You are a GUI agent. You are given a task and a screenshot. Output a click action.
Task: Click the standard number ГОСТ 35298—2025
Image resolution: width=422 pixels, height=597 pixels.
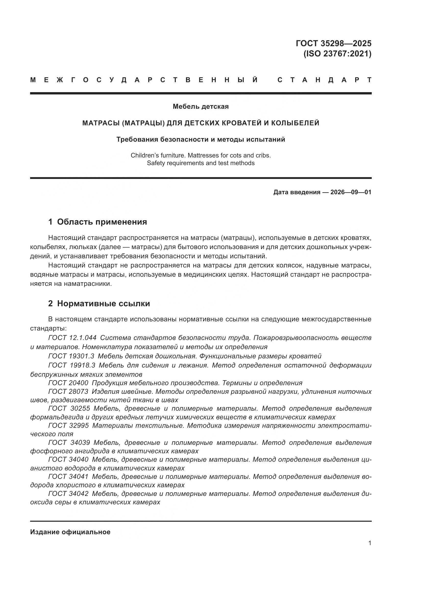pyautogui.click(x=333, y=43)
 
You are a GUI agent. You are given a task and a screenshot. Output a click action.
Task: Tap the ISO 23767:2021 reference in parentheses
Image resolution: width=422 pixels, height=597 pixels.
pyautogui.click(x=337, y=54)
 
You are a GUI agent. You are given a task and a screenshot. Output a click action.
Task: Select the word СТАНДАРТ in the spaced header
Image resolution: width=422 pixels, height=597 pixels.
pyautogui.click(x=325, y=80)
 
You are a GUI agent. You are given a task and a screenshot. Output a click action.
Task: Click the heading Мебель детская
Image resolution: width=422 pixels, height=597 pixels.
pyautogui.click(x=201, y=106)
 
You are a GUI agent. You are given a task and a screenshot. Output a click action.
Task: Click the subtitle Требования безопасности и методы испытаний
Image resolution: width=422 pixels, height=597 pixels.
pyautogui.click(x=201, y=139)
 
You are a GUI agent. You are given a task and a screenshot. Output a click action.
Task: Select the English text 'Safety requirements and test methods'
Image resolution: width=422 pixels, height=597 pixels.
pyautogui.click(x=201, y=163)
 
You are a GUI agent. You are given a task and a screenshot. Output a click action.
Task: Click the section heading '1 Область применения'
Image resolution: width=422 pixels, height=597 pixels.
pyautogui.click(x=97, y=222)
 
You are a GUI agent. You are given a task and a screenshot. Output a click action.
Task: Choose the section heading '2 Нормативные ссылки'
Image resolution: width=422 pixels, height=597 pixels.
pyautogui.click(x=99, y=303)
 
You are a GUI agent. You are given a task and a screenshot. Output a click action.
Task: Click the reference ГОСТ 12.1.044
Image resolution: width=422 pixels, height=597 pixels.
pyautogui.click(x=72, y=338)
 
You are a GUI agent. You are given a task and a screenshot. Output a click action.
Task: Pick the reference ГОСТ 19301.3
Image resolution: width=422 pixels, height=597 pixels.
pyautogui.click(x=71, y=356)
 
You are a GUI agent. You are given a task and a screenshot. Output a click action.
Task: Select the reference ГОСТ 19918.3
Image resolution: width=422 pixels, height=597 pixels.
pyautogui.click(x=72, y=365)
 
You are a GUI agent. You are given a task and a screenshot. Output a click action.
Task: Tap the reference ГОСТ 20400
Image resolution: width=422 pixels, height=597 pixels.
pyautogui.click(x=68, y=383)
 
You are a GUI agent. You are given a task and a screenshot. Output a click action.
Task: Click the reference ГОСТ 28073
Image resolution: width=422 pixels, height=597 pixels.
pyautogui.click(x=68, y=392)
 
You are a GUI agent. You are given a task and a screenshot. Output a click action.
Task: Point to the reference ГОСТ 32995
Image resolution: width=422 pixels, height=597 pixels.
pyautogui.click(x=68, y=425)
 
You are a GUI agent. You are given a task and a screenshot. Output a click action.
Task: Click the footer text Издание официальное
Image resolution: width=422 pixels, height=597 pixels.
pyautogui.click(x=70, y=532)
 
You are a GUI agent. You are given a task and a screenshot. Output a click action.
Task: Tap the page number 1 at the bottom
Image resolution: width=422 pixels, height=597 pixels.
pyautogui.click(x=369, y=543)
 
